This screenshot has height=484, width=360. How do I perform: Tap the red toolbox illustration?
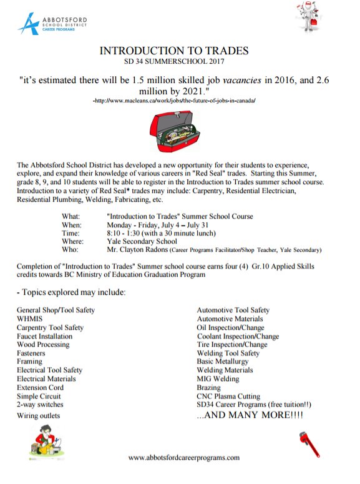[176, 132]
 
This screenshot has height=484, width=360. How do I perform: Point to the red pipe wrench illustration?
[310, 443]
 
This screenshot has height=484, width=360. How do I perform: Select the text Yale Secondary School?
[142, 241]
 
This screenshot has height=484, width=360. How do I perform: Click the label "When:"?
[71, 224]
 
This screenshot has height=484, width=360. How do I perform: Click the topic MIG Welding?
[218, 378]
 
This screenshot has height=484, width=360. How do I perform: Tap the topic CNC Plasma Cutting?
[228, 396]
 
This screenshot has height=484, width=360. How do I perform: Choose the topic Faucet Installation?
[44, 336]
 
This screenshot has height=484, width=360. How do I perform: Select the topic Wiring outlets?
[39, 415]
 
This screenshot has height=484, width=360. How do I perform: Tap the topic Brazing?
[208, 387]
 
